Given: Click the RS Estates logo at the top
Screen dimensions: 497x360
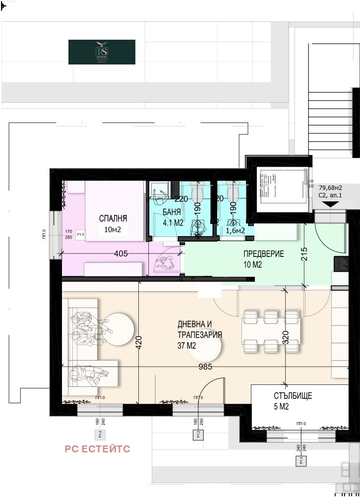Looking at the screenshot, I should (x=102, y=52).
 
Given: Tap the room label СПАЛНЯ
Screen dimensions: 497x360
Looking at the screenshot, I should (x=113, y=218).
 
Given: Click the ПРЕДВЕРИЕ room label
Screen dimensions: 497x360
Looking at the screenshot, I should (x=263, y=254).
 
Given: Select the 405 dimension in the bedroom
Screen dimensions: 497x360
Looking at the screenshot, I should (x=120, y=253).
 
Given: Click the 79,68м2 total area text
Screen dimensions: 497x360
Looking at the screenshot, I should (x=330, y=188).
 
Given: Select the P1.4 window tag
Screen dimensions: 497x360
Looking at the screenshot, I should (x=100, y=435).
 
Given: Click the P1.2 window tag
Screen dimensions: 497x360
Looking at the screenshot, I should (x=197, y=435).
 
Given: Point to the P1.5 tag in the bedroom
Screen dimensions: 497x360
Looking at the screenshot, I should (x=80, y=234).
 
